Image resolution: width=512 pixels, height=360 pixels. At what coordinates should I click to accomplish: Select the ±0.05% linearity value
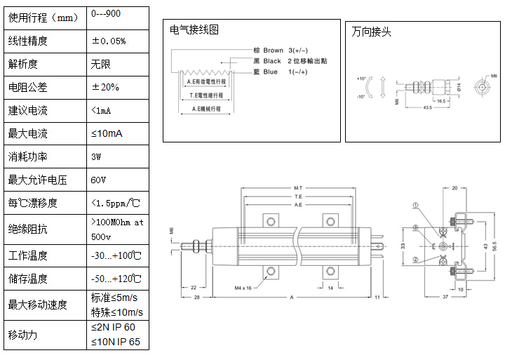[x=109, y=41]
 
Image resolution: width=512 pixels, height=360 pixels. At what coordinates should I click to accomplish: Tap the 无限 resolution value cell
[x=101, y=64]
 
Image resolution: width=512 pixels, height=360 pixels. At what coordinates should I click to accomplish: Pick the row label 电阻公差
[x=24, y=88]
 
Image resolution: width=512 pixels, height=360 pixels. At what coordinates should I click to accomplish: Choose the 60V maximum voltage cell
[x=98, y=180]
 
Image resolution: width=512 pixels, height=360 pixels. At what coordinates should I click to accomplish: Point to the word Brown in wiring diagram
[x=274, y=51]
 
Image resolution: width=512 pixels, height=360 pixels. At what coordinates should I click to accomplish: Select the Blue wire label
[x=271, y=72]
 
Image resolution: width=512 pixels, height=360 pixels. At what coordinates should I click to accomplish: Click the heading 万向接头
[x=371, y=32]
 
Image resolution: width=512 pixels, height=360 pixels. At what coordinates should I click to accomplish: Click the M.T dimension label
[x=297, y=189]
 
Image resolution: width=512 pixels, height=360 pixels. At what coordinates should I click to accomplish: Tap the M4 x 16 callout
[x=248, y=287]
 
